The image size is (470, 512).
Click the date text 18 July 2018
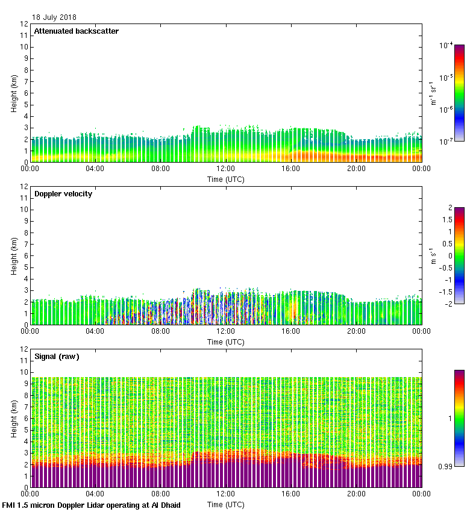click(x=54, y=17)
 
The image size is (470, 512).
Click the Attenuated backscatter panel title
click(x=76, y=31)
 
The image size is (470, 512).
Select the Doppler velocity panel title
click(x=63, y=194)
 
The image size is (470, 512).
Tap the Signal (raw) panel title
click(x=57, y=357)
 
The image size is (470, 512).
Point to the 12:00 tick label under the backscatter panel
click(x=226, y=169)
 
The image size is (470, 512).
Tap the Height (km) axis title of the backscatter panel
click(x=14, y=93)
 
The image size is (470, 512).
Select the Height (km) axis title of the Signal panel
click(x=14, y=419)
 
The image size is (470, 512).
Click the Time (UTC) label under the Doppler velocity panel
click(x=226, y=342)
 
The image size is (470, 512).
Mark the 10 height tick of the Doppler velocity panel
click(x=23, y=210)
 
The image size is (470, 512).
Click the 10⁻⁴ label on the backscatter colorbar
click(x=446, y=45)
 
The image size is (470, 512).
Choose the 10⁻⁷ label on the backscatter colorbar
click(x=446, y=141)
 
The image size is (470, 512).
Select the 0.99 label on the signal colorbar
click(x=444, y=466)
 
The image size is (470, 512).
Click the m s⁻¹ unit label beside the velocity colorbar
click(x=433, y=256)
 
